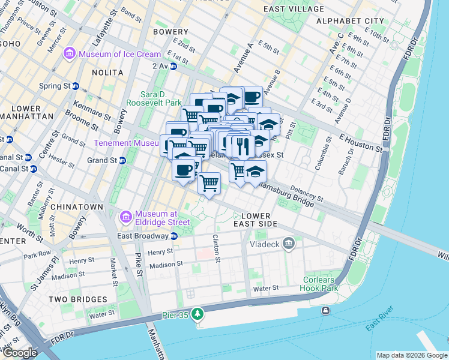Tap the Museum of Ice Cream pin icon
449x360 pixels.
tap(70, 54)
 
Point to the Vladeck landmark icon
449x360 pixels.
tap(289, 244)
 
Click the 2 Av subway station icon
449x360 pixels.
tap(173, 66)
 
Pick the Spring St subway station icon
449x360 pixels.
tap(76, 86)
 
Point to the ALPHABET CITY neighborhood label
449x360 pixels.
tap(349, 21)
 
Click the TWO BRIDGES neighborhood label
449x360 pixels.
tap(77, 299)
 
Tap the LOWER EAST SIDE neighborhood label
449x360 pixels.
tap(259, 220)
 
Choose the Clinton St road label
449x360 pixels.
tap(217, 248)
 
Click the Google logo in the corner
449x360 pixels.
tap(20, 352)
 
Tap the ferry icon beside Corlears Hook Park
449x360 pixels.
tap(325, 310)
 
